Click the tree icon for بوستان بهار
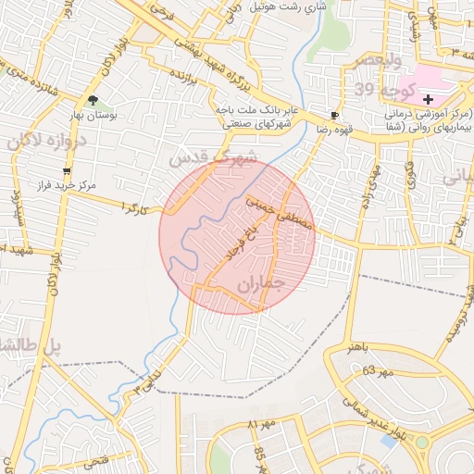[x=93, y=100]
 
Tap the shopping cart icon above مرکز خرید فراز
[x=67, y=171]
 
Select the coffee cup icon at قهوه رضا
[x=334, y=116]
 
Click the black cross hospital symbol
[x=428, y=99]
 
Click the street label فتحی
[x=96, y=459]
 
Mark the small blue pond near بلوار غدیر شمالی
[x=390, y=443]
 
